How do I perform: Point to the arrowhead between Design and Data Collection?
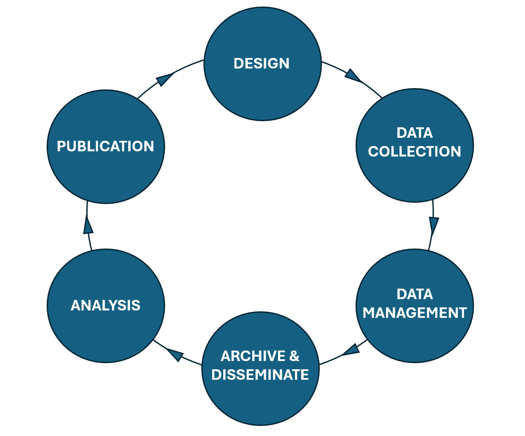tap(352, 76)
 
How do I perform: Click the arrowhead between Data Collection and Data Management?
tap(434, 225)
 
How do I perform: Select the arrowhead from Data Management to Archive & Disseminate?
tap(351, 349)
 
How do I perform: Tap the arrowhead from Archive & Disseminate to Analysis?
tap(175, 353)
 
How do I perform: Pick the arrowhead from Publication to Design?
tap(165, 79)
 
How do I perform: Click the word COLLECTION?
tap(414, 151)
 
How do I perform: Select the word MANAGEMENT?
tap(414, 313)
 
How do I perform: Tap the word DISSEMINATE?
tap(260, 375)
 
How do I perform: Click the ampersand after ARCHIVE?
tap(294, 356)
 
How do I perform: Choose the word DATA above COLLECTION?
tap(414, 133)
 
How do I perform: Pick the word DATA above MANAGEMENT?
tap(414, 294)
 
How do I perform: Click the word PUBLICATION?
tap(105, 146)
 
